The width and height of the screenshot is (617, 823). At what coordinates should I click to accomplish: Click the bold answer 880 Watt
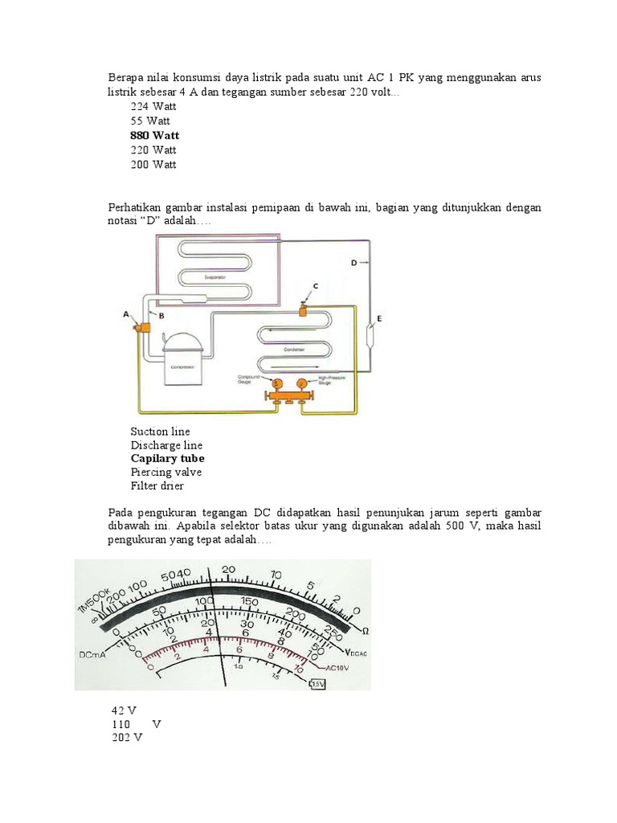[154, 135]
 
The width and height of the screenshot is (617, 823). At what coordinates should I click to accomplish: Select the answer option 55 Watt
[149, 121]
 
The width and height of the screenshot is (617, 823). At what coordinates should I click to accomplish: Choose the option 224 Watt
[153, 106]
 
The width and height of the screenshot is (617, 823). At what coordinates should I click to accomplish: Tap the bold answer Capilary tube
[167, 458]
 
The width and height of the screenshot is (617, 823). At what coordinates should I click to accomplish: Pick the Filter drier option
[157, 486]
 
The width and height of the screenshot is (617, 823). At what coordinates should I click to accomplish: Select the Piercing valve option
[165, 473]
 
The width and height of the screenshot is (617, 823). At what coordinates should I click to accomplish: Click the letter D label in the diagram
[353, 263]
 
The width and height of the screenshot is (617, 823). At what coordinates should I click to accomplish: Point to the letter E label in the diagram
[379, 319]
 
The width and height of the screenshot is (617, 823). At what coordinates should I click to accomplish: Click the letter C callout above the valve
[315, 286]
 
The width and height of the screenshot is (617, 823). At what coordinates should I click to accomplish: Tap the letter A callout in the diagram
[126, 316]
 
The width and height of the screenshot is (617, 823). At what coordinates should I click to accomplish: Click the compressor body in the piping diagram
[183, 363]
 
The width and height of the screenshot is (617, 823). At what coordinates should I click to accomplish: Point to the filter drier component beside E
[369, 331]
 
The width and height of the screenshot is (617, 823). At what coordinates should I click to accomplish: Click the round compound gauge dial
[276, 384]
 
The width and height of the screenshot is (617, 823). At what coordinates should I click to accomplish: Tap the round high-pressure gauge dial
[301, 384]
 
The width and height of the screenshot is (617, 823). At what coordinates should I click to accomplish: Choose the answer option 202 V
[126, 738]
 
